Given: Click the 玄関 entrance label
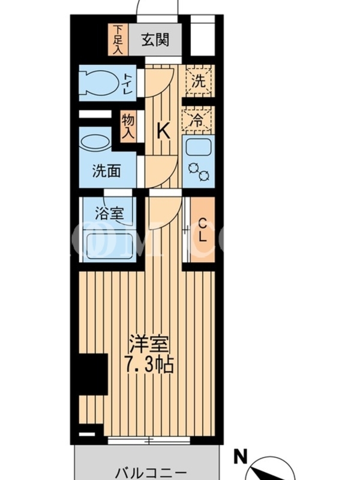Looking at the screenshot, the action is (155, 40).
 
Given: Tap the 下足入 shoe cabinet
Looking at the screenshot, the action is (118, 40).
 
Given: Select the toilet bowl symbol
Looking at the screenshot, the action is (98, 83).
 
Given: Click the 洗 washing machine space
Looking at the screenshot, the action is (199, 81).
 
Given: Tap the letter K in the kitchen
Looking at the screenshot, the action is (163, 131).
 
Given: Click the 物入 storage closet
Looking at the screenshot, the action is (128, 126).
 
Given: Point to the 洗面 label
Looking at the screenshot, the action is (106, 171).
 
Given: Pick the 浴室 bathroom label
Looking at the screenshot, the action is (109, 213).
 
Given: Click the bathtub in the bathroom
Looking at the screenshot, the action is (107, 246).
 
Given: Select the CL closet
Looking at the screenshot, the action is (202, 230).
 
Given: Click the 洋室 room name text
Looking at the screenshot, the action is (149, 344).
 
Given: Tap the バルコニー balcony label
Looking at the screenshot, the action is (151, 473).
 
